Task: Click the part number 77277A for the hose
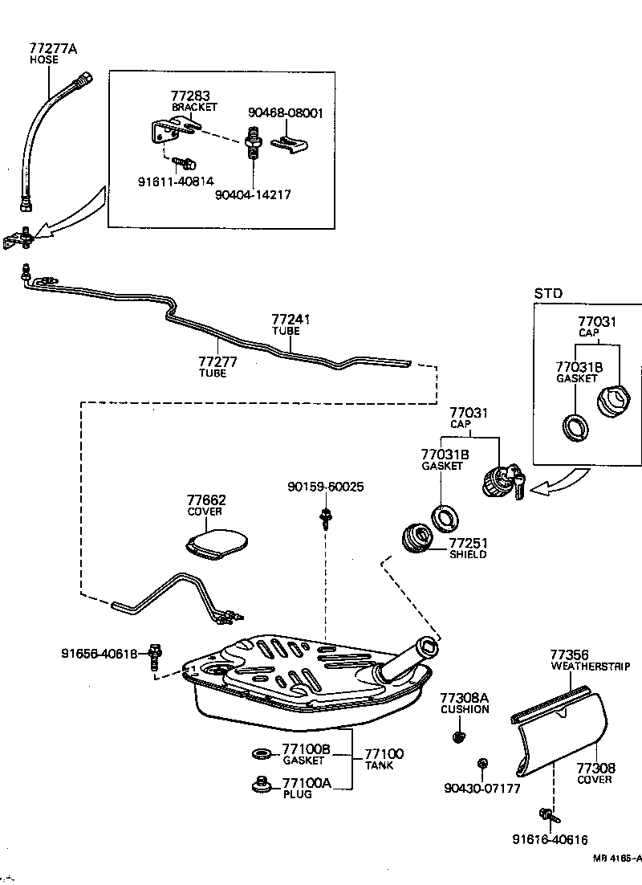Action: coord(53,48)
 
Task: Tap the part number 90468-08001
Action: coord(285,113)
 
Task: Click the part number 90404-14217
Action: coord(254,194)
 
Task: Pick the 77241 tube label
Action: coord(291,320)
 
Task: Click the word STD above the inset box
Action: coord(548,293)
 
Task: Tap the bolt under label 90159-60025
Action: coord(325,518)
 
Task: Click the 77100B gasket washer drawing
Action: coord(262,753)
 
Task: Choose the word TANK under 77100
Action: coord(379,766)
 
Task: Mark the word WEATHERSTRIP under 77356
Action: coord(590,667)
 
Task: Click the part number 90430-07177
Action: coord(481,788)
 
